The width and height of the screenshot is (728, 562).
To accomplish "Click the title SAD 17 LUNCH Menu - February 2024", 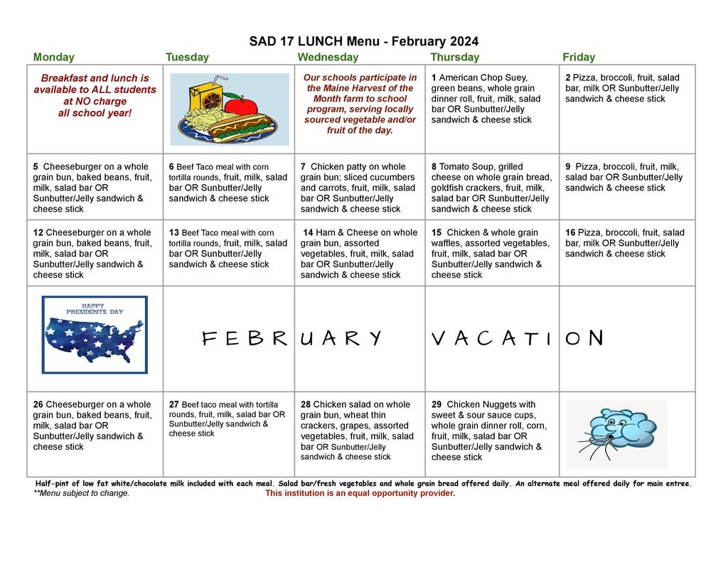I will (x=363, y=41).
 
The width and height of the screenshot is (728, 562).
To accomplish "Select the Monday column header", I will (x=53, y=58).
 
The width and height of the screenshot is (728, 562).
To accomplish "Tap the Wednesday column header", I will (x=328, y=58).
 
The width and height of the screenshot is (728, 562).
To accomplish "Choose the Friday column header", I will (x=578, y=58).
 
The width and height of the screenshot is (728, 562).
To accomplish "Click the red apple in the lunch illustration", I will (x=245, y=106).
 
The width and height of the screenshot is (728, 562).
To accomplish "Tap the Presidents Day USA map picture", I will (x=95, y=335).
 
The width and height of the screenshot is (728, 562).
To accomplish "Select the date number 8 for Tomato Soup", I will (x=434, y=167).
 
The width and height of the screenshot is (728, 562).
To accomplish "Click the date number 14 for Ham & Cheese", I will (x=308, y=233).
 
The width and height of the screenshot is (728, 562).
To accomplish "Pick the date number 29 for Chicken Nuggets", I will (x=437, y=405).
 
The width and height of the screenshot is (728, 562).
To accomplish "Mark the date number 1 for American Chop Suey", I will (x=434, y=77).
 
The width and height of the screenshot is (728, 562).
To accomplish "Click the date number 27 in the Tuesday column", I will (x=173, y=405).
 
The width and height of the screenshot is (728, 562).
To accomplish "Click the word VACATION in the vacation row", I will (x=517, y=338).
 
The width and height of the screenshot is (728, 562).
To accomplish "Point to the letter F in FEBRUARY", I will (x=208, y=339).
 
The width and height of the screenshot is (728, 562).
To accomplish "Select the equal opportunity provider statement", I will (x=360, y=493).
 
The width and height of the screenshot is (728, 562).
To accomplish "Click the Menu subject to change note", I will (x=81, y=493).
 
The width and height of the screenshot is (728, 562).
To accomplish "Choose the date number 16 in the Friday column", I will (x=570, y=233).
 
